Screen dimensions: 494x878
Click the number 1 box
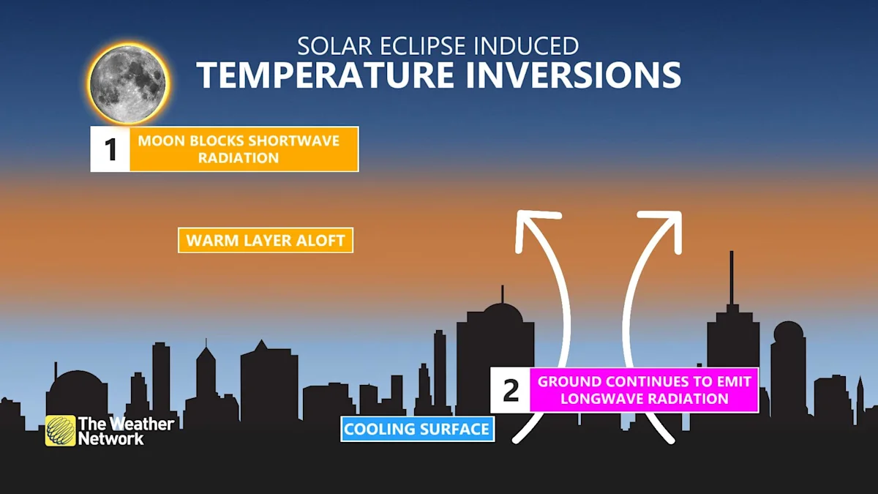pyautogui.click(x=110, y=149)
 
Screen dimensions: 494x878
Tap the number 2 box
pyautogui.click(x=511, y=390)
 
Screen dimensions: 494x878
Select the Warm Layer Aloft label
pyautogui.click(x=266, y=240)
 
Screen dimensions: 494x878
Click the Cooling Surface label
pyautogui.click(x=417, y=429)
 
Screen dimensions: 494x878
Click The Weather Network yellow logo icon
pyautogui.click(x=60, y=430)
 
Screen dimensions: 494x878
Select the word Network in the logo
pyautogui.click(x=111, y=438)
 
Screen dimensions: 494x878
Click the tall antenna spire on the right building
pyautogui.click(x=731, y=278)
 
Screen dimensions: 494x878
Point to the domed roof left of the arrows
pyautogui.click(x=502, y=313)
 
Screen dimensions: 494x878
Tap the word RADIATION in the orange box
pyautogui.click(x=238, y=157)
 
